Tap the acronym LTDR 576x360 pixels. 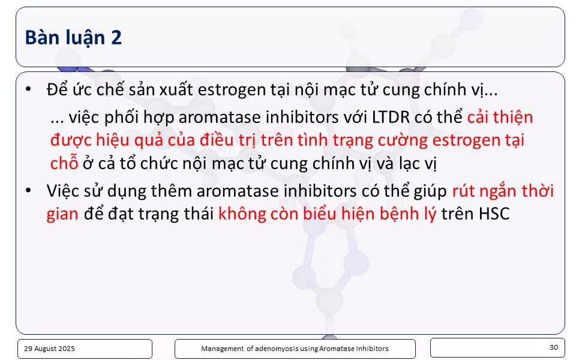[x=391, y=117]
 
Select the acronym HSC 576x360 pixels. [x=494, y=214]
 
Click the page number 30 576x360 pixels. [x=554, y=347]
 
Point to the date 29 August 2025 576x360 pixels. [x=49, y=349]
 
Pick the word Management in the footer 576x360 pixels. [x=222, y=349]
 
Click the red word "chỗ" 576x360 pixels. [x=64, y=163]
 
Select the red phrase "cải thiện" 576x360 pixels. [x=500, y=117]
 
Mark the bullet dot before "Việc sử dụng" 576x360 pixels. [x=28, y=190]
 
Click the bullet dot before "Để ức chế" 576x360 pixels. [x=28, y=89]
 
